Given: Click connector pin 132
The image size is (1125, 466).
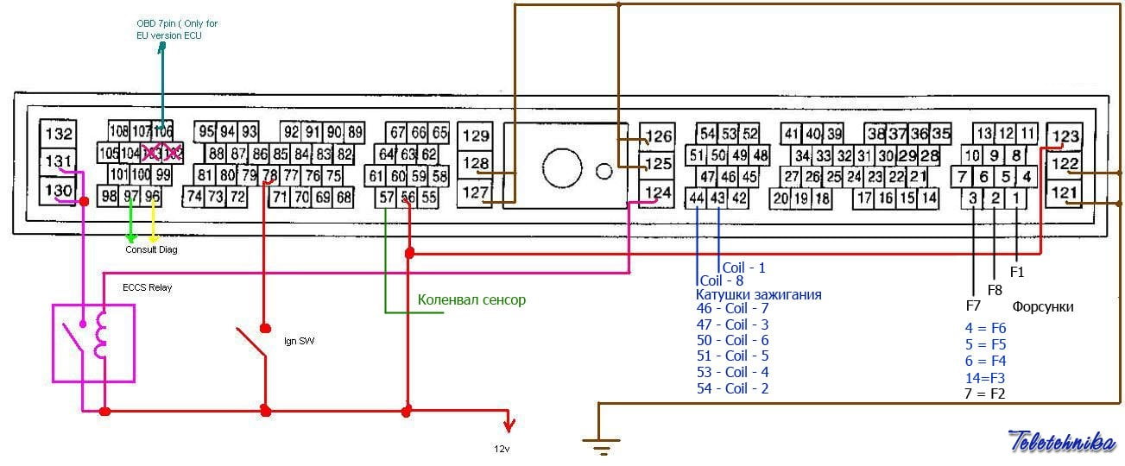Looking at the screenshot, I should pos(60,135).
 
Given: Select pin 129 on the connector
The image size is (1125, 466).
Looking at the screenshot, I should pos(476,135).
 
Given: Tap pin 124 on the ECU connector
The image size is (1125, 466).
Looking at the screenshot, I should pos(659,192).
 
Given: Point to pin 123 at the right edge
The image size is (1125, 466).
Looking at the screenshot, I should pos(1066,136).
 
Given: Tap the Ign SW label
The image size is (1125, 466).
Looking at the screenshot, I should pos(299,342).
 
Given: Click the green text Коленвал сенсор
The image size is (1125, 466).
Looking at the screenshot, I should pos(471,300).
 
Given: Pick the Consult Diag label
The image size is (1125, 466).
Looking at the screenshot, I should pos(151,249).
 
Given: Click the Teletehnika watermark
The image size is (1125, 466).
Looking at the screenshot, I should pos(1061,441).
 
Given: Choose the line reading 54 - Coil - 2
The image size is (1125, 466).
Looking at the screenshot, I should pos(732,388).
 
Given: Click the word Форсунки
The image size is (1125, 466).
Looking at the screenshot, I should pos(1043,307).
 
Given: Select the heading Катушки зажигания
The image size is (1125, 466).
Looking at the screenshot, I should pos(759,295).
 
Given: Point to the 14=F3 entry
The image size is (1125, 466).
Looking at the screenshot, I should pos(985,377).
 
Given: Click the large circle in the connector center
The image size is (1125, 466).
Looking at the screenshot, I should pos(561,164).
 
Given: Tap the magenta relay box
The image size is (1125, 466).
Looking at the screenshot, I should pos(93,342).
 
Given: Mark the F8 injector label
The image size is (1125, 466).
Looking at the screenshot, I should pos(995,290).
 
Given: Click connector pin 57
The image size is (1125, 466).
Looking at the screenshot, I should pos(387,198).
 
